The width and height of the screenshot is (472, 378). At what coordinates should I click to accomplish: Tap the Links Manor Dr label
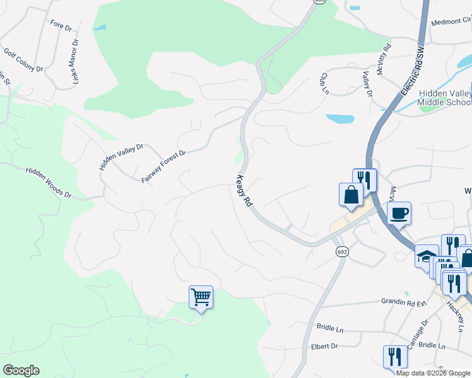(75, 62)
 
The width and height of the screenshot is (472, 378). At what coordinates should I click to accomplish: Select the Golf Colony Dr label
(23, 60)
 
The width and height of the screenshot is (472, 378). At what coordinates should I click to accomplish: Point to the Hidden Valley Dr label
(121, 157)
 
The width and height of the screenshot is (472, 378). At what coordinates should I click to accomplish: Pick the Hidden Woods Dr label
(49, 183)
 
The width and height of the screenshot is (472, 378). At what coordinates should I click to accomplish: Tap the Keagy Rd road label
(244, 192)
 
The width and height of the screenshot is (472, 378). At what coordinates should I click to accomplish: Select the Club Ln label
(324, 83)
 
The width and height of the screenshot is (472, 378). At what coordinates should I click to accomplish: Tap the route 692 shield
(341, 251)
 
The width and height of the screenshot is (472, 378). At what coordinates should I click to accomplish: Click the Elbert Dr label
(324, 346)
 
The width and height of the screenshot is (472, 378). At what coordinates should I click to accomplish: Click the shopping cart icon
(201, 297)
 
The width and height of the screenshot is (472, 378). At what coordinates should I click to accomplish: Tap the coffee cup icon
(399, 213)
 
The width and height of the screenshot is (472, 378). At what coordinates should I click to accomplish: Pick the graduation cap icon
(426, 256)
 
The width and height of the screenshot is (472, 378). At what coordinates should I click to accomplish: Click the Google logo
(21, 370)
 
